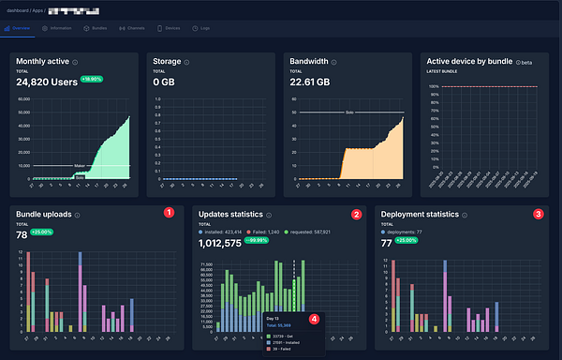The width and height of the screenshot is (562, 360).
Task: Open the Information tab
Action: [58, 29]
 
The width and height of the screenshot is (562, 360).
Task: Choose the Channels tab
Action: [134, 29]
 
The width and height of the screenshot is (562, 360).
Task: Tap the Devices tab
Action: [170, 29]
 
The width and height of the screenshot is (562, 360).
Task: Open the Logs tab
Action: [203, 29]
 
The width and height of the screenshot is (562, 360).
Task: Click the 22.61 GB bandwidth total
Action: [310, 81]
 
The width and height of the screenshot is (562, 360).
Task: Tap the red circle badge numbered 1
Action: [169, 213]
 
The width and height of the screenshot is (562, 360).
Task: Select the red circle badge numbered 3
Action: [538, 214]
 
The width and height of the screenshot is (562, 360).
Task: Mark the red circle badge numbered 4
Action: [314, 318]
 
